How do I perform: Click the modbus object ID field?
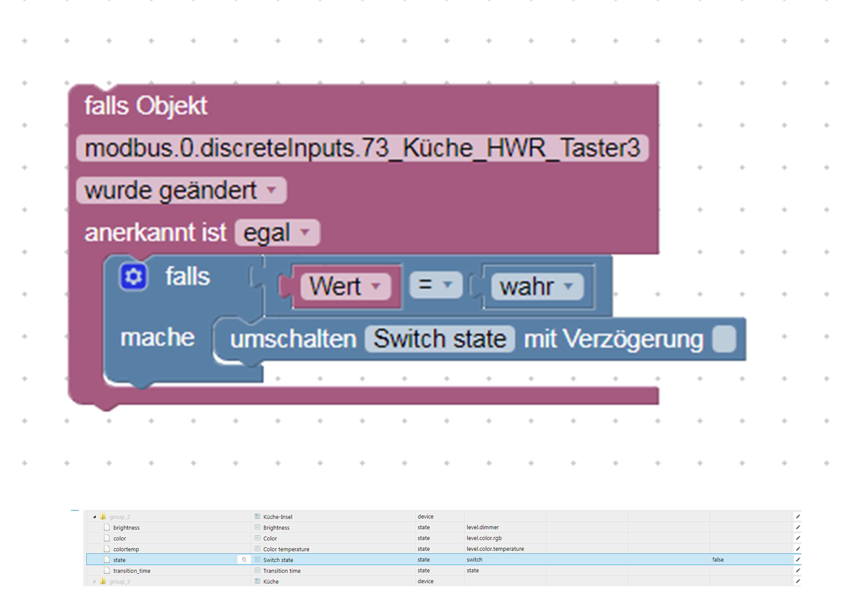click(x=362, y=148)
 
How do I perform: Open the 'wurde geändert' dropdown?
click(x=181, y=190)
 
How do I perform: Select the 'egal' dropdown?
click(x=277, y=233)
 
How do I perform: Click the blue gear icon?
click(x=133, y=277)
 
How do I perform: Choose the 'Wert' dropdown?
click(x=345, y=286)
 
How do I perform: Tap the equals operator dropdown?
click(x=436, y=285)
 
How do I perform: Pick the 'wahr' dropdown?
click(x=537, y=287)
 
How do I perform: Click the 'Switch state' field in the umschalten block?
click(x=440, y=339)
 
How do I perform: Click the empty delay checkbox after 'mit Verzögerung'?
click(x=724, y=339)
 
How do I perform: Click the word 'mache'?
click(x=157, y=337)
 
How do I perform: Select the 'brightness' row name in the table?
click(x=126, y=528)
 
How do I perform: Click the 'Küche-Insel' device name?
click(x=277, y=517)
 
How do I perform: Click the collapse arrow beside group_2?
click(x=95, y=517)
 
